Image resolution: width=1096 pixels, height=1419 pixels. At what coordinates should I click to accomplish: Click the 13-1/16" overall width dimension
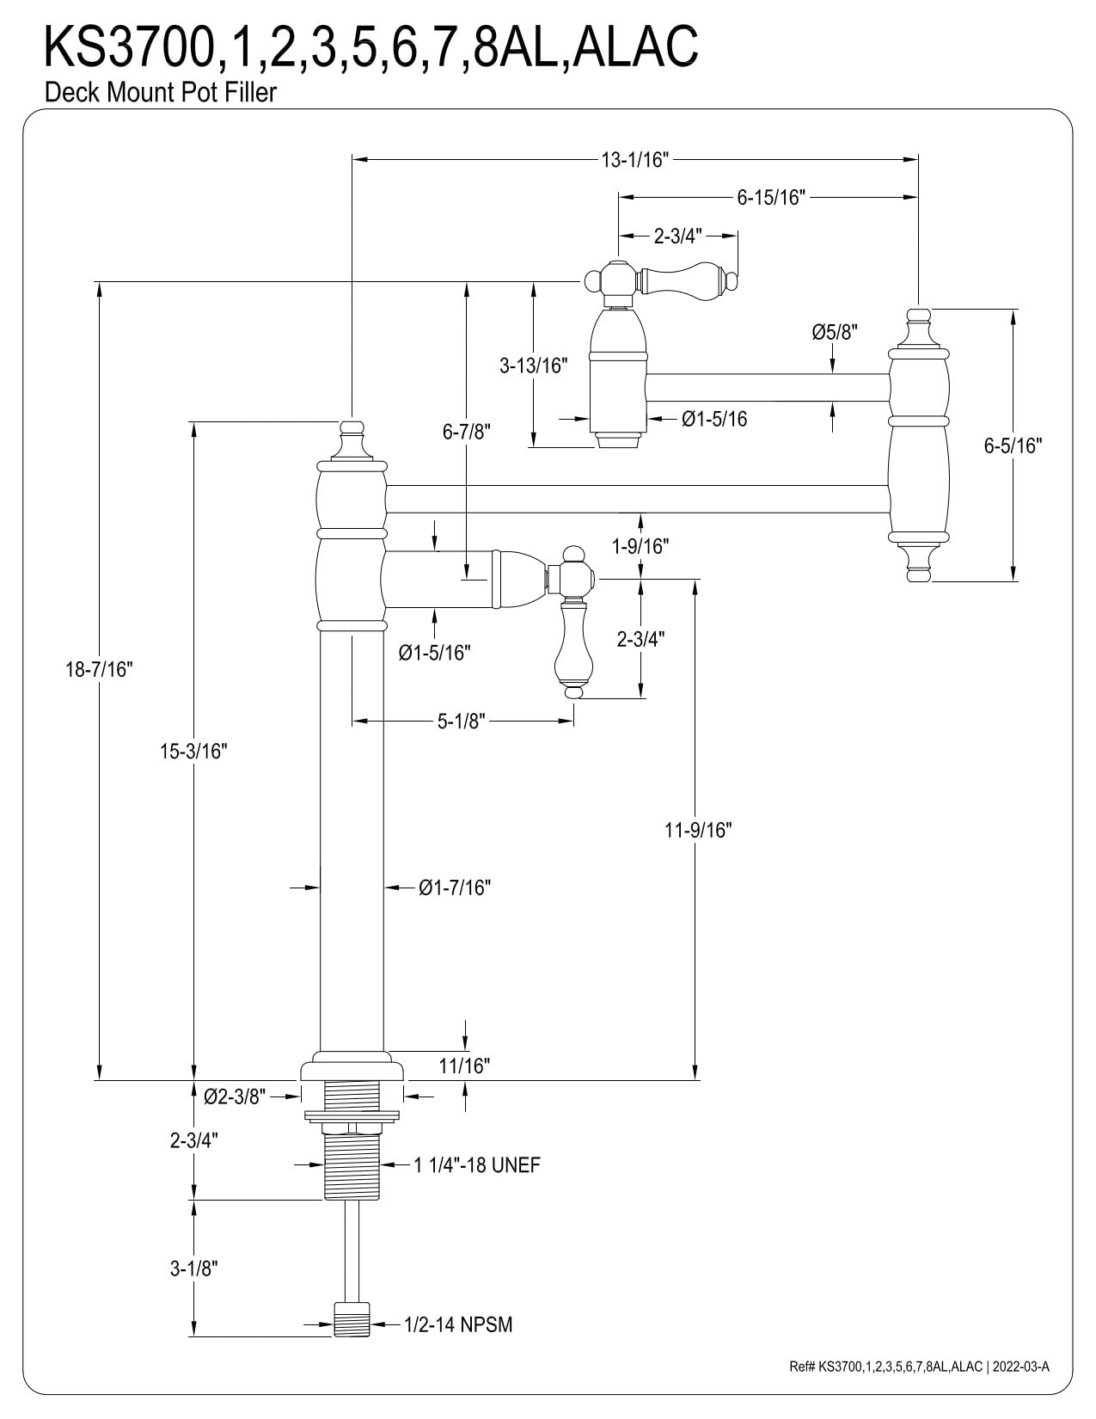[635, 160]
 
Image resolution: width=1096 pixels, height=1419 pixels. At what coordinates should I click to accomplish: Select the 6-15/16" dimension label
[771, 197]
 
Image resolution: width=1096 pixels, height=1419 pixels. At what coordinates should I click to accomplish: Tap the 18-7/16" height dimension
[99, 669]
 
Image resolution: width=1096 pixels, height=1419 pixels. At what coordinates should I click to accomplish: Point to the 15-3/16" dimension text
[193, 752]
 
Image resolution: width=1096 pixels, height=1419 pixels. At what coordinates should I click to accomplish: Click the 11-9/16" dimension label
[698, 830]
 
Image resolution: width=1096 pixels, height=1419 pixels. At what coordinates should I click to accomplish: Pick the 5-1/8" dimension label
[462, 721]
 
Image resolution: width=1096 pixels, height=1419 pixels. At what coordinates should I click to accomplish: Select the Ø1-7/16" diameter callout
[455, 888]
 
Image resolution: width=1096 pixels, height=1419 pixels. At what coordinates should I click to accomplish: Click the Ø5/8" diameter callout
[834, 333]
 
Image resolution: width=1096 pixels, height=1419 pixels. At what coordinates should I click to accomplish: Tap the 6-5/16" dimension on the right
[1013, 445]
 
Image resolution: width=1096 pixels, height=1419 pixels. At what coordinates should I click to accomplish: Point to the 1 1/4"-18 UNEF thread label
[477, 1165]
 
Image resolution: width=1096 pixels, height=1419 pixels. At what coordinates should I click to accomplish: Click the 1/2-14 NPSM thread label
[458, 1325]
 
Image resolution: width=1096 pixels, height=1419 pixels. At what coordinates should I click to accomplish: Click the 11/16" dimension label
[464, 1066]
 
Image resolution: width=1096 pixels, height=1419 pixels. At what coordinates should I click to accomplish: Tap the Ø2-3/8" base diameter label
[235, 1096]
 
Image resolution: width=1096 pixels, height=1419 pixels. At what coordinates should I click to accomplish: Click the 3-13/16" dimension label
[533, 365]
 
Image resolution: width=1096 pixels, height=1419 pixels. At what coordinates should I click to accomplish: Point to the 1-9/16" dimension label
[640, 546]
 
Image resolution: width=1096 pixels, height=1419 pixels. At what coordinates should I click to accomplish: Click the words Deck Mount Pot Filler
[160, 93]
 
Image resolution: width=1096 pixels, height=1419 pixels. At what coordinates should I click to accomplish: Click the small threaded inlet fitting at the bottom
[352, 1320]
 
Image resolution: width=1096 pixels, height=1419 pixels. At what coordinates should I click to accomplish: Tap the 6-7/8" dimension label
[466, 432]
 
